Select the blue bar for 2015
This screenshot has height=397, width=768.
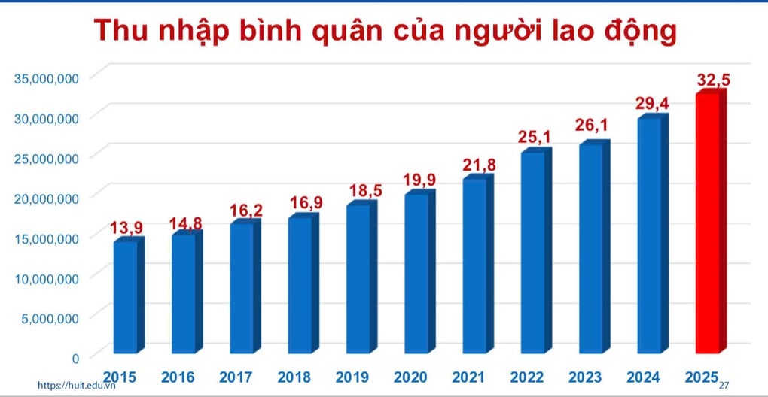126,297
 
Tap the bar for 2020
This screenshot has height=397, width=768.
417,274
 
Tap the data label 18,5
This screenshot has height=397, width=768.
366,190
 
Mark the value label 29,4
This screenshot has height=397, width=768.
653,104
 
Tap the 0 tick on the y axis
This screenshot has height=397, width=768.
75,358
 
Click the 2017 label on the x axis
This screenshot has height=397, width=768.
236,377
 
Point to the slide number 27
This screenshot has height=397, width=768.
725,385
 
